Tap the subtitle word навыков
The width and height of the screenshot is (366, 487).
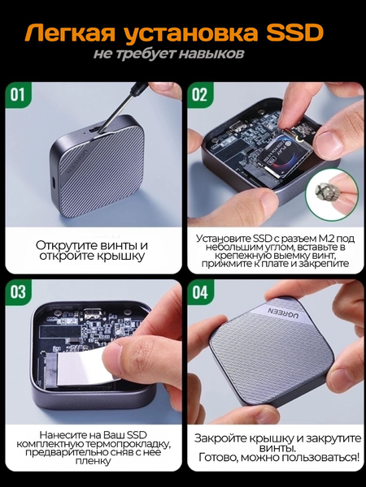tap(211, 54)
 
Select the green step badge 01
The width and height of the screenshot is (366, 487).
tap(18, 94)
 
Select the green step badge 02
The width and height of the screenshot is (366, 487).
tap(199, 94)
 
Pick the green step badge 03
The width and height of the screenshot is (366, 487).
tap(18, 292)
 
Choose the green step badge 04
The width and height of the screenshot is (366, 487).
tap(199, 292)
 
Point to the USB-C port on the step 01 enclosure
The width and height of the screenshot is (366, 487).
tap(53, 183)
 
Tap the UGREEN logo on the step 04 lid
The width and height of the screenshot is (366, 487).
tap(283, 312)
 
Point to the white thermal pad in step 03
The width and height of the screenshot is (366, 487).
tap(80, 368)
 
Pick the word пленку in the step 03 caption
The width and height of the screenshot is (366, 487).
tap(93, 460)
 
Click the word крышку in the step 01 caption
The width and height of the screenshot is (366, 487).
tap(122, 256)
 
